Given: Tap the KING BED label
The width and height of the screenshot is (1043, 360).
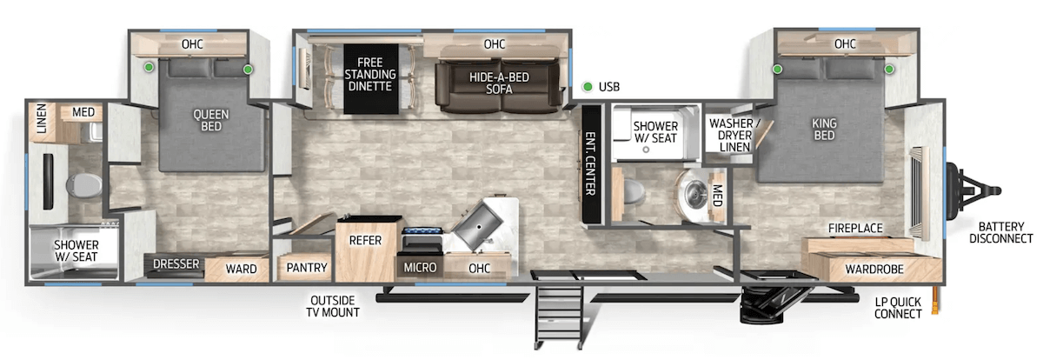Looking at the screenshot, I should tap(823, 130).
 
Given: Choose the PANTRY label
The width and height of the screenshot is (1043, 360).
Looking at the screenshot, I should tap(307, 268).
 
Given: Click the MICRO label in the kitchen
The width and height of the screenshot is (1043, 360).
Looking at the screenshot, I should tap(421, 268).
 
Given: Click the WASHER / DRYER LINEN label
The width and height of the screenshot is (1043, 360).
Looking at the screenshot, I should tap(734, 136).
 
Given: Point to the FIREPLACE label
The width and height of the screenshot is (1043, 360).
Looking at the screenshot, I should tap(855, 228).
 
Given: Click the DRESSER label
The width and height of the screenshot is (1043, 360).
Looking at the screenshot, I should tap(176, 264).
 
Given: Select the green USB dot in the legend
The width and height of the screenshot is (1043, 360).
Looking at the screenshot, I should tap(588, 87).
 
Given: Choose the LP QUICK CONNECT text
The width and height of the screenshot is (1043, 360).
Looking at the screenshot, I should tap(899, 307).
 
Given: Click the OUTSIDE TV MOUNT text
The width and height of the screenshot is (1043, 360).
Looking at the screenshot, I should tap(335, 306).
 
